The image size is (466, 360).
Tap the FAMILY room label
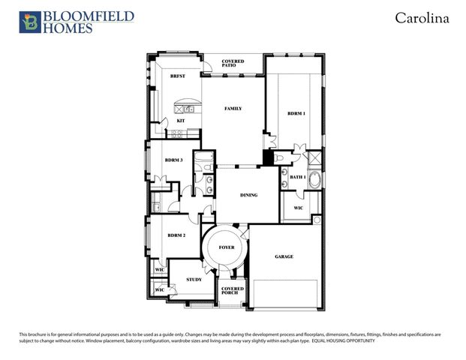(233, 109)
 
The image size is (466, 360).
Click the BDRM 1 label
(296, 113)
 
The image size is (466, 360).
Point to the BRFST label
(178, 76)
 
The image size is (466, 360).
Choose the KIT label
(180, 121)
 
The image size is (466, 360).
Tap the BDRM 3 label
(174, 160)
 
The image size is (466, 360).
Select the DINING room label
(249, 195)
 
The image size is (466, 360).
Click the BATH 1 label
(298, 177)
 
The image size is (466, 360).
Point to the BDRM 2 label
(176, 235)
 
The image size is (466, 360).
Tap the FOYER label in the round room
(227, 247)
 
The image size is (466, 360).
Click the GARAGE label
(284, 256)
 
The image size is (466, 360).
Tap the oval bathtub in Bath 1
(315, 181)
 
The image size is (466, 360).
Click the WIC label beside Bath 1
(298, 208)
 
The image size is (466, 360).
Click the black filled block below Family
(266, 158)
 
